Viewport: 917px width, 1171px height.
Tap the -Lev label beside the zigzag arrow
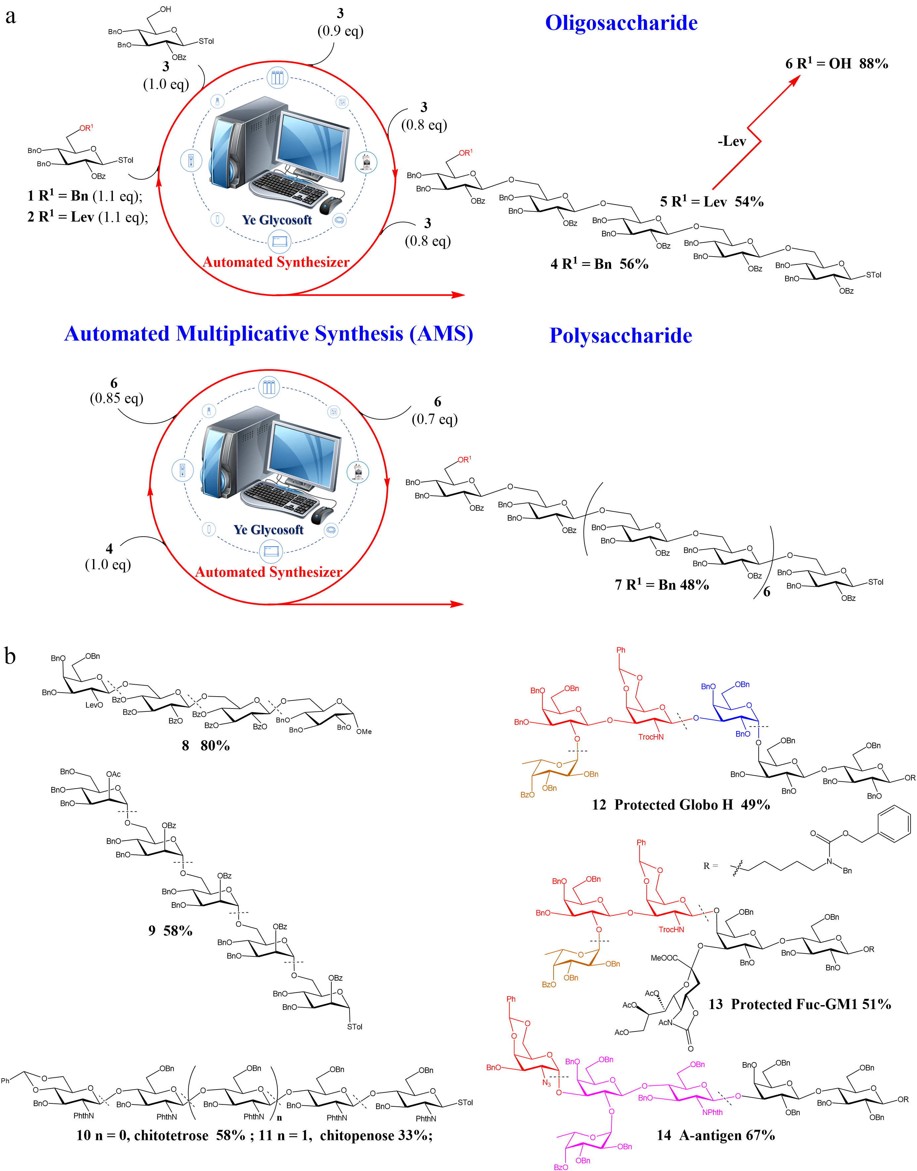click(732, 142)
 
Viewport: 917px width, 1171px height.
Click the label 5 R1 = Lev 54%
click(711, 202)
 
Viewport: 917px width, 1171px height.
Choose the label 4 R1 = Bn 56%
click(599, 264)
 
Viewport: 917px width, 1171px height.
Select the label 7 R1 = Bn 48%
click(661, 585)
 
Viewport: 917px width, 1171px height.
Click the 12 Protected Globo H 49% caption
click(680, 804)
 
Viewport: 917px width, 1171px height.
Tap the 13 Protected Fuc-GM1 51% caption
click(799, 1004)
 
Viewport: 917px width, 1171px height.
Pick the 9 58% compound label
click(170, 930)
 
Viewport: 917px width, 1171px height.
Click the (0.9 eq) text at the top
click(340, 31)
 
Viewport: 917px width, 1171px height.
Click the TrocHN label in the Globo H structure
click(651, 737)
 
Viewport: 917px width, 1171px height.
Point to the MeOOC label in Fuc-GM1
click(664, 958)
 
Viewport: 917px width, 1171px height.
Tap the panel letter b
click(10, 656)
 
